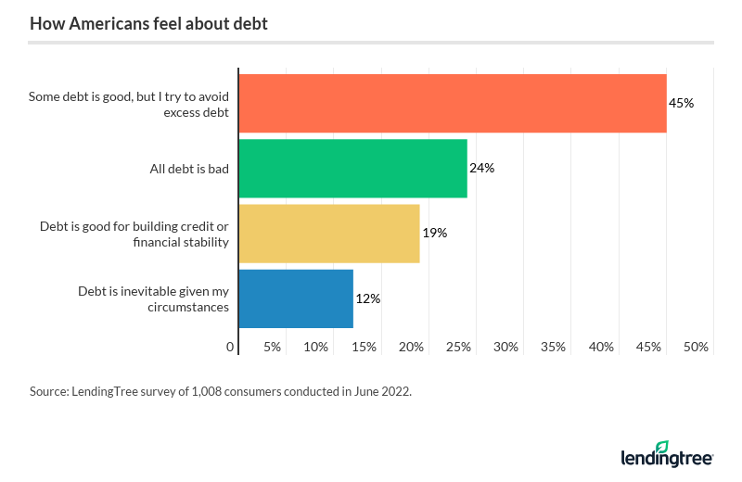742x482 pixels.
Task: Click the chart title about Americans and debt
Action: pyautogui.click(x=148, y=24)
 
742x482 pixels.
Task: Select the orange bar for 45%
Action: pyautogui.click(x=452, y=103)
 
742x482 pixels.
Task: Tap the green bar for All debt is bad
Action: pyautogui.click(x=352, y=169)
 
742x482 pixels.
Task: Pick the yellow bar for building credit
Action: pyautogui.click(x=328, y=234)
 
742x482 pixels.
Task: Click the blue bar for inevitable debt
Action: pyautogui.click(x=296, y=298)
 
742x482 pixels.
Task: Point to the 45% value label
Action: pyautogui.click(x=682, y=103)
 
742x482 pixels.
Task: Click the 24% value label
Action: pyautogui.click(x=481, y=169)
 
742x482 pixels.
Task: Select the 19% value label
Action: pyautogui.click(x=434, y=234)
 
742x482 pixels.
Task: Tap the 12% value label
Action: pyautogui.click(x=367, y=298)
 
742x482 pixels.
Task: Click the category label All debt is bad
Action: pyautogui.click(x=189, y=169)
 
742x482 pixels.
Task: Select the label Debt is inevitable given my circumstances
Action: pyautogui.click(x=153, y=298)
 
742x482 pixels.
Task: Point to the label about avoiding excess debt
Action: pyautogui.click(x=129, y=103)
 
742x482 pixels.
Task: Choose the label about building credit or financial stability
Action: pyautogui.click(x=134, y=234)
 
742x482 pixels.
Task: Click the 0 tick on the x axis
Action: pyautogui.click(x=231, y=347)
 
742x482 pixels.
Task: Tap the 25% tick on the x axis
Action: pyautogui.click(x=459, y=347)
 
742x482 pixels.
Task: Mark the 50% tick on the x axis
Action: pyautogui.click(x=697, y=347)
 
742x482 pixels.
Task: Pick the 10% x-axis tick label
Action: pyautogui.click(x=316, y=347)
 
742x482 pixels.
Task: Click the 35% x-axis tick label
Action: pyautogui.click(x=554, y=347)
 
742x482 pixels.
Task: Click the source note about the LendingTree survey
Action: pyautogui.click(x=221, y=391)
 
